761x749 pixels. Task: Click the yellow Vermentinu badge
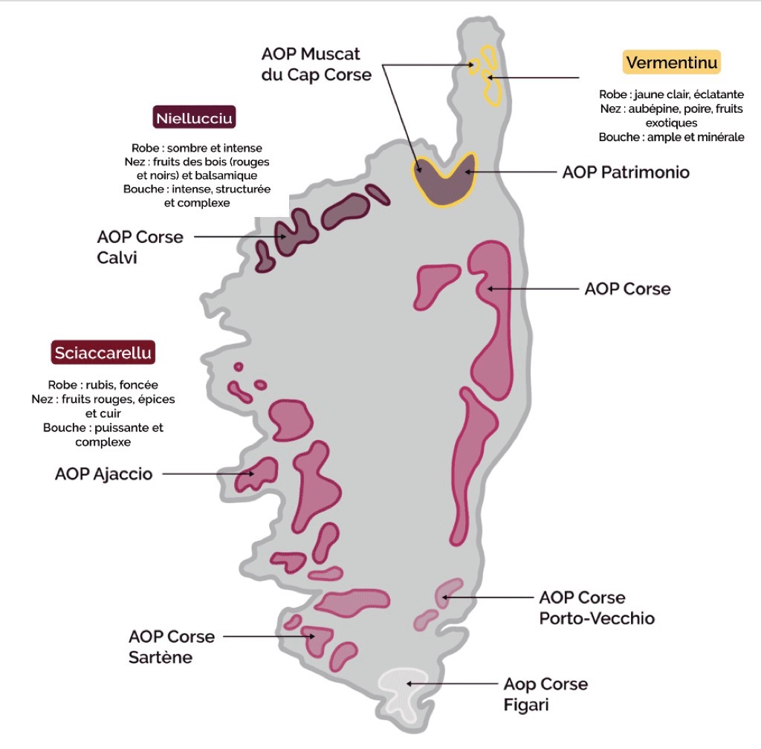pos(672,62)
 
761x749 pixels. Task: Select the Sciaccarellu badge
pos(103,352)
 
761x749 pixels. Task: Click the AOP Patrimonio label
pos(626,172)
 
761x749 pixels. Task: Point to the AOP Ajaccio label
pos(103,473)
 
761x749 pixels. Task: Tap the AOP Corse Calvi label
pos(140,247)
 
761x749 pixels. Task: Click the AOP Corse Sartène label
pos(171,646)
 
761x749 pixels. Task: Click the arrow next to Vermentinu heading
pos(531,77)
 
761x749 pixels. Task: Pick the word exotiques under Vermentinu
pos(671,123)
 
